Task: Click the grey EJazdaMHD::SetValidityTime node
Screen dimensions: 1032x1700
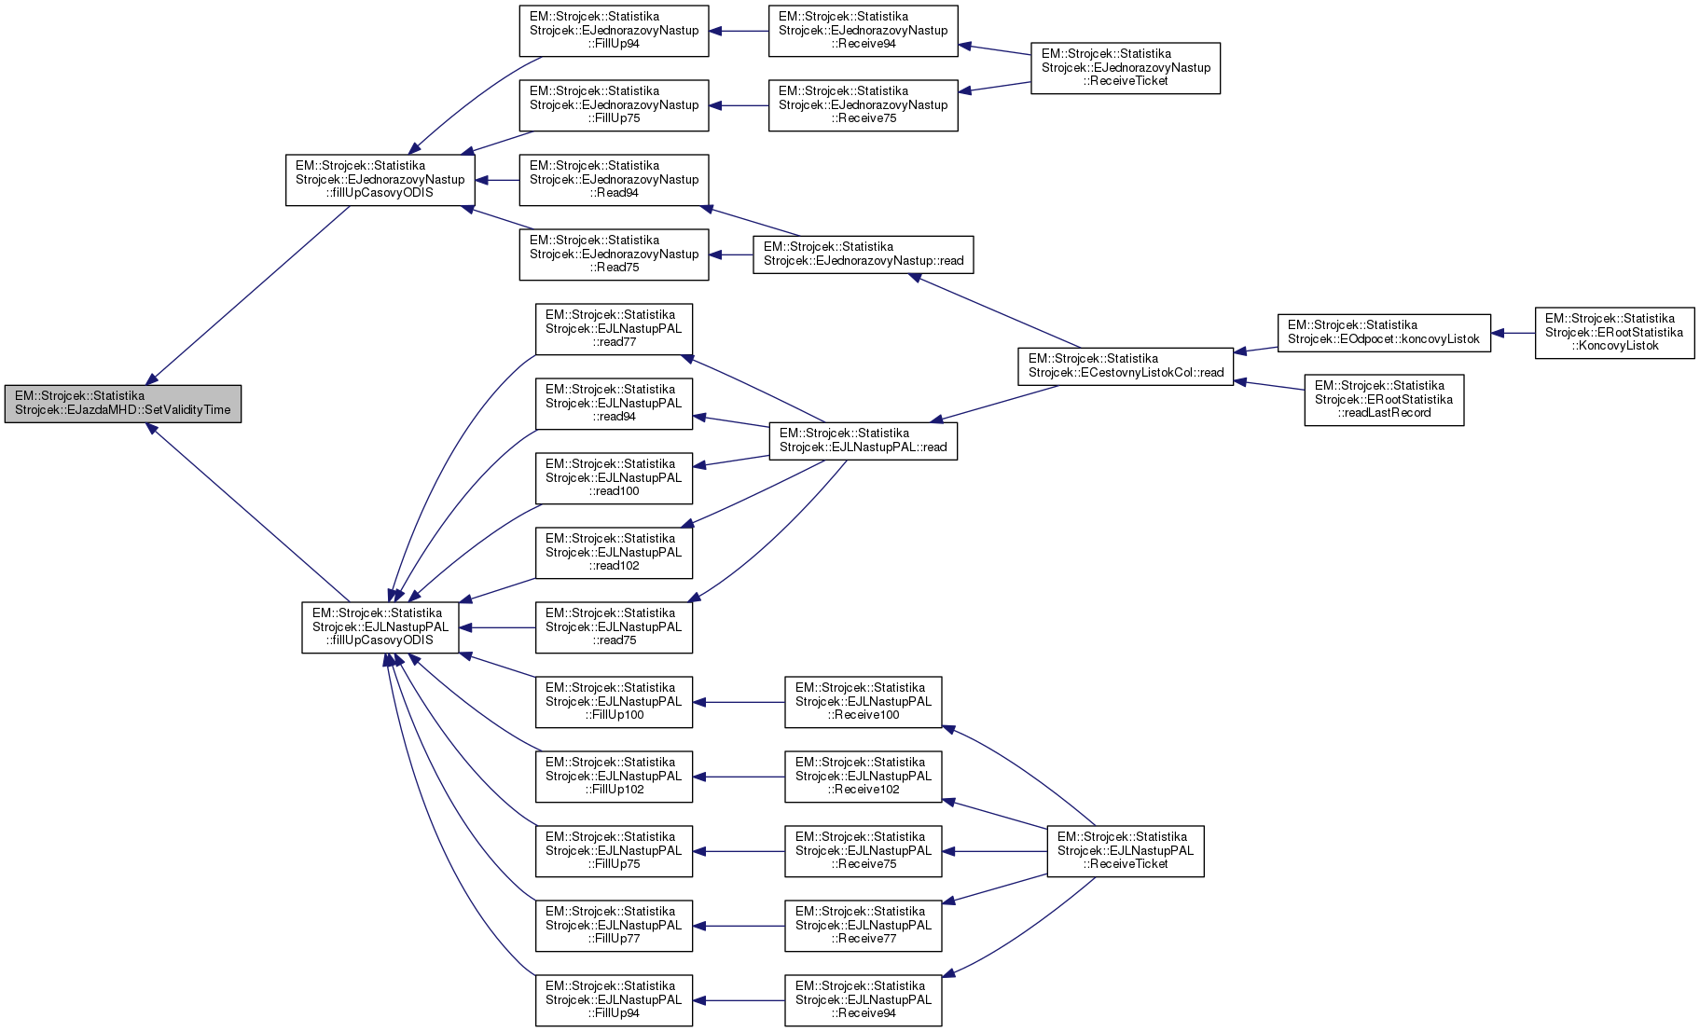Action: click(122, 404)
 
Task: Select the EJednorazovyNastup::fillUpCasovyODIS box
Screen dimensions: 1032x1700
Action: click(380, 180)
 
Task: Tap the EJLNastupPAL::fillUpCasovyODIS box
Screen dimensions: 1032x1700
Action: click(380, 627)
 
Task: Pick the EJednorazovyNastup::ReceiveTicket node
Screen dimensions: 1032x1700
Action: click(1125, 68)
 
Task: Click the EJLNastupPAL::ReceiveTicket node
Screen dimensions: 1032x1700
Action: click(1125, 851)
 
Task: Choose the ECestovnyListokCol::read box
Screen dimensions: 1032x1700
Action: click(1125, 366)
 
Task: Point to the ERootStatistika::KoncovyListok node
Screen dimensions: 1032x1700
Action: click(1613, 333)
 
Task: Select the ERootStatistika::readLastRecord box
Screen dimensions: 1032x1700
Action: click(1383, 400)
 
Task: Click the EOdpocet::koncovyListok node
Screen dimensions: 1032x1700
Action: click(1383, 333)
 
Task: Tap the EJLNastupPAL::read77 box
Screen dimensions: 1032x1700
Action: click(614, 329)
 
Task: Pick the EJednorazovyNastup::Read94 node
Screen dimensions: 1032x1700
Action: click(614, 180)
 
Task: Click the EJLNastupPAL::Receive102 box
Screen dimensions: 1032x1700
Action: click(863, 777)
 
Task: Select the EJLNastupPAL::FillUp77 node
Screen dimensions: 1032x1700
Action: click(614, 926)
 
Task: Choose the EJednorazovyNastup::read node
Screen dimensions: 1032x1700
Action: click(863, 255)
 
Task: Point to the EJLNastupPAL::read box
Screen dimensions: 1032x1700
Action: click(863, 441)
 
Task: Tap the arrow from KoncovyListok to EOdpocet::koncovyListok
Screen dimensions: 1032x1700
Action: click(1513, 333)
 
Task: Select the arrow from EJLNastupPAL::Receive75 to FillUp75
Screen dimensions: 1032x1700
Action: click(739, 851)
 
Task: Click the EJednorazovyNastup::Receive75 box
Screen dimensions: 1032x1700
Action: click(863, 105)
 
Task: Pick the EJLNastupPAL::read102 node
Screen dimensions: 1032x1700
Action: click(614, 553)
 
